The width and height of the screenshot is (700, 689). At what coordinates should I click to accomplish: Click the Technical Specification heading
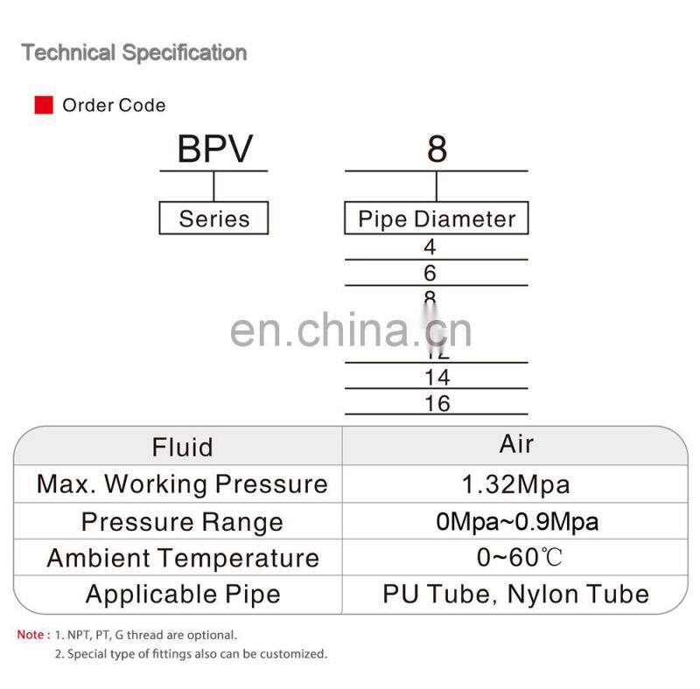[134, 52]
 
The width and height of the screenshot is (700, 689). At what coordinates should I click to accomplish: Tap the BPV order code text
[214, 150]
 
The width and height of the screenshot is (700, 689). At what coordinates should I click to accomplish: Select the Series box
[213, 219]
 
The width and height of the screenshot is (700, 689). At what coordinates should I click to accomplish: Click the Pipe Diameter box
[437, 219]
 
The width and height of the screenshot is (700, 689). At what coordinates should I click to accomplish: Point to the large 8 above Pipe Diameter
[437, 150]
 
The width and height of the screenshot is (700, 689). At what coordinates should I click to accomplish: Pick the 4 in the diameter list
[430, 247]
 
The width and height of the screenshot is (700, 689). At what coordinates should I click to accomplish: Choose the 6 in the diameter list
[430, 274]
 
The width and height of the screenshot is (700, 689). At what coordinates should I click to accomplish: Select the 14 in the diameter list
[437, 378]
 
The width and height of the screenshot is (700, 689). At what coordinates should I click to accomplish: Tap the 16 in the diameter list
[437, 403]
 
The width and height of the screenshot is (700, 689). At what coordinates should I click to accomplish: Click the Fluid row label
[182, 448]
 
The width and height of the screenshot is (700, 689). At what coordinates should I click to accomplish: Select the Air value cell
[516, 444]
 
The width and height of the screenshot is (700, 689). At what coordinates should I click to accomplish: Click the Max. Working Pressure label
[182, 484]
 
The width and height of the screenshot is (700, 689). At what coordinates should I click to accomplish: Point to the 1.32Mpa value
[516, 484]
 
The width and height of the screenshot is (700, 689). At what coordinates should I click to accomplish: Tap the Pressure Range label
[182, 522]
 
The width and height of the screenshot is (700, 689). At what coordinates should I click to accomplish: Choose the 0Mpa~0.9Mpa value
[516, 522]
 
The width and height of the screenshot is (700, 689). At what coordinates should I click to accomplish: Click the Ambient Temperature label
[182, 558]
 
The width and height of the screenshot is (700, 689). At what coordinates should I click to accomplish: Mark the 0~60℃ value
[516, 558]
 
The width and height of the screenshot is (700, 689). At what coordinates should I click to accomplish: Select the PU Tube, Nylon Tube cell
[516, 595]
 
